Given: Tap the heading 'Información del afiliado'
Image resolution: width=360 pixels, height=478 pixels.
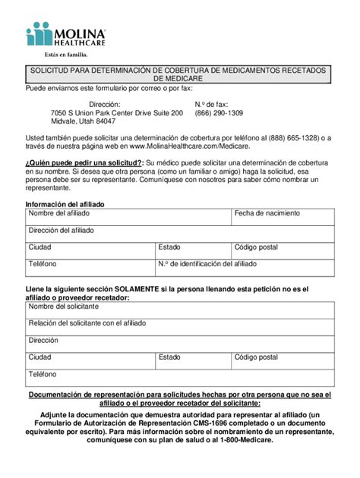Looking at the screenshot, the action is click(x=65, y=204).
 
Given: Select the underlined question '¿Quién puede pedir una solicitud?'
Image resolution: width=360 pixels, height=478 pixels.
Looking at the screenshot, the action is click(x=83, y=162).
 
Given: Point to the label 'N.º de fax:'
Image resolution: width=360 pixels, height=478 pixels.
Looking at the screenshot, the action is click(x=211, y=103).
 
